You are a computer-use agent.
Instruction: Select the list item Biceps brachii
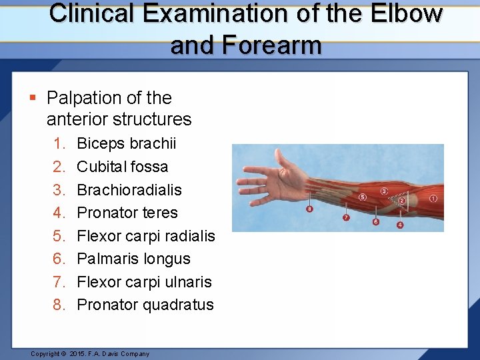point(127,143)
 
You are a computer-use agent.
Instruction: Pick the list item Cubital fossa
point(123,167)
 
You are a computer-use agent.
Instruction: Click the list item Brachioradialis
point(129,190)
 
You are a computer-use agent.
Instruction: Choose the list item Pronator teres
point(127,213)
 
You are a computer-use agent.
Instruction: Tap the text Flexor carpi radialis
point(146,236)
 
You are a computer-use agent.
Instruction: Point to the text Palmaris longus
point(133,259)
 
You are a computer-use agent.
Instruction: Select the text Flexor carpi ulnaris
point(144,282)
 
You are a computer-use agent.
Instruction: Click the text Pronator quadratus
point(145,305)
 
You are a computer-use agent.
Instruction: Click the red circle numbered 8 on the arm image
point(309,209)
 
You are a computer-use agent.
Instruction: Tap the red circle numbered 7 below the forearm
point(346,218)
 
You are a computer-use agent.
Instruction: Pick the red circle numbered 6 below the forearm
point(376,221)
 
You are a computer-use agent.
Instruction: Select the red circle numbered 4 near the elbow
point(400,225)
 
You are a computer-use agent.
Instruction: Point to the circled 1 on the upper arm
point(433,198)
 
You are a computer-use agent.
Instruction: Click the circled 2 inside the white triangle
point(402,200)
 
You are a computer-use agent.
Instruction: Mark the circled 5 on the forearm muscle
point(363,197)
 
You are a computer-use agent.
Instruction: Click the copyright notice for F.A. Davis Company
point(90,353)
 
